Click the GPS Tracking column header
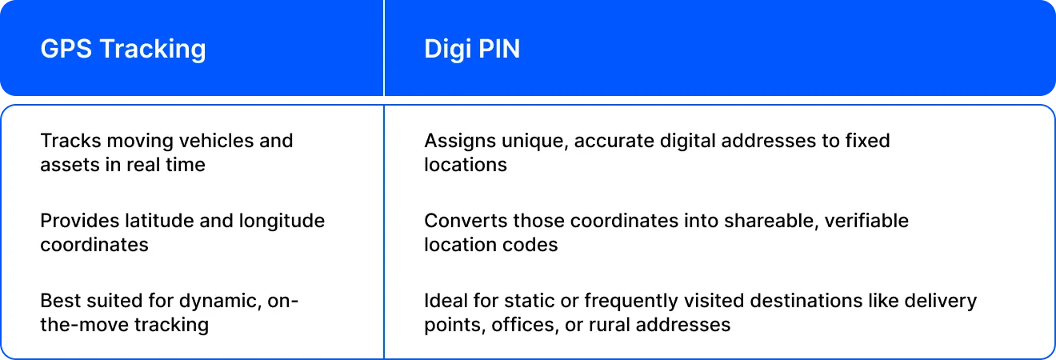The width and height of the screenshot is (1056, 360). (123, 50)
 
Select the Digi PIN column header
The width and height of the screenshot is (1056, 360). (472, 50)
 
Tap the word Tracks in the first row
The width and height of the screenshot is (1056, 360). (70, 141)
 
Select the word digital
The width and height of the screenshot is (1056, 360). (687, 142)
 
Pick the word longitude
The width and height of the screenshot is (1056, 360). (282, 222)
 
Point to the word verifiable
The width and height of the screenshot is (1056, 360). (866, 221)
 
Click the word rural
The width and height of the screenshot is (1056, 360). (609, 325)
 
